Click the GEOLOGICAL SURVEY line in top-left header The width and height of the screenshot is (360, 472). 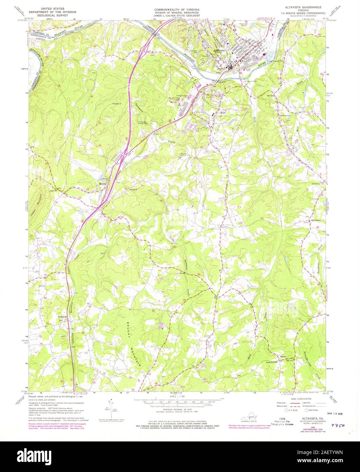(x=54, y=15)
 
